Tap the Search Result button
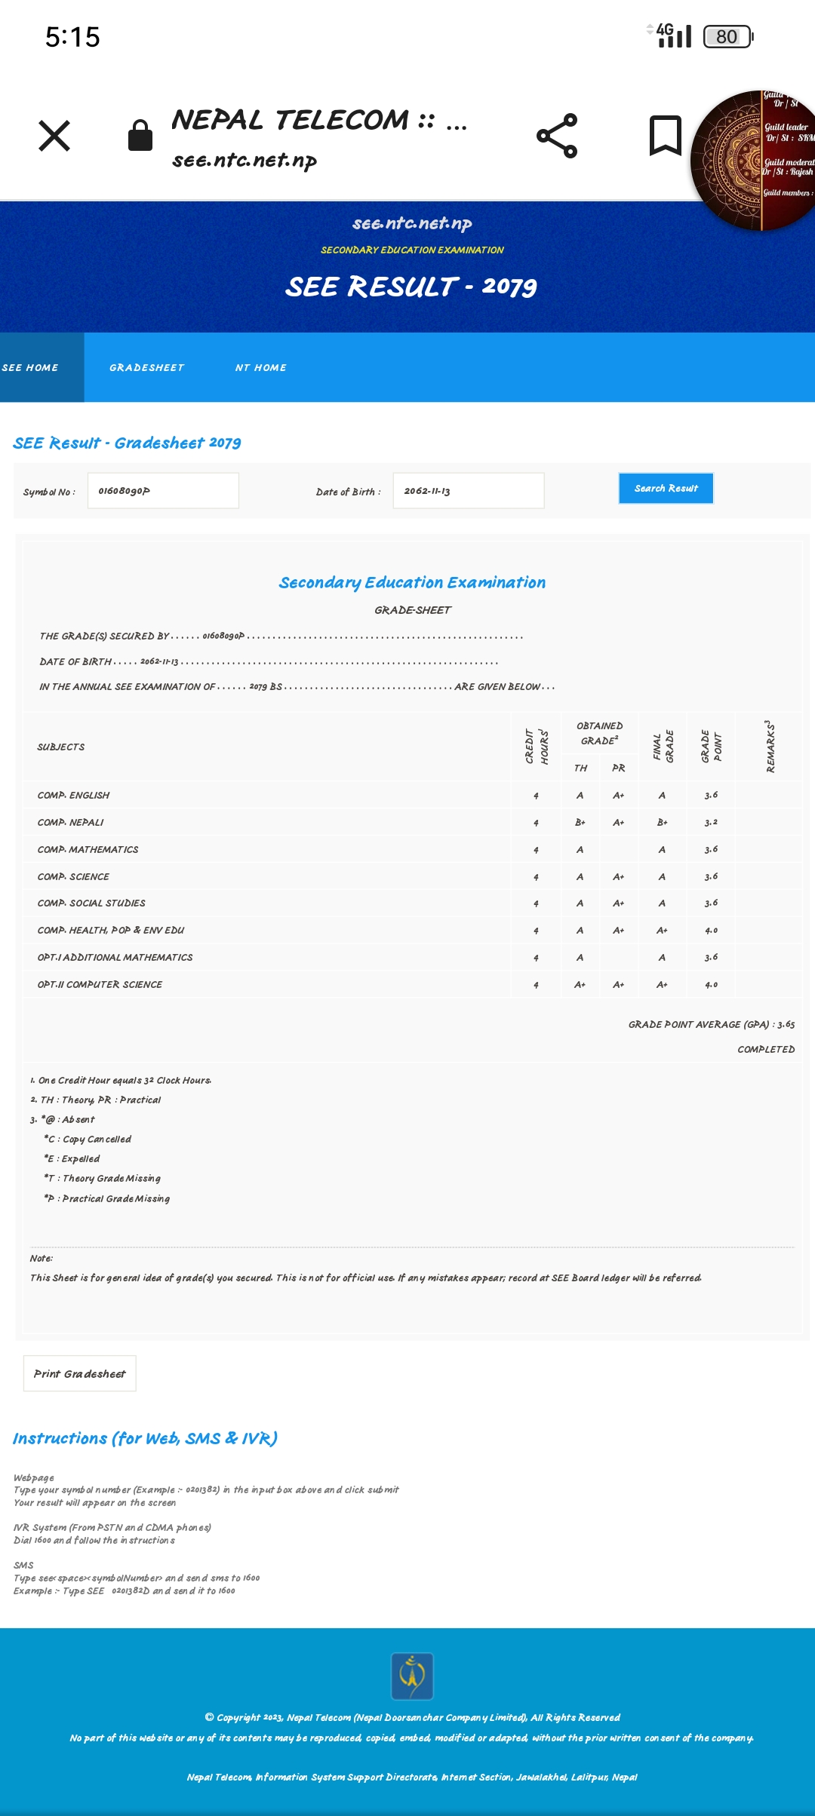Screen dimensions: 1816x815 pos(666,489)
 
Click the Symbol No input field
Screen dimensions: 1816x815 pos(163,491)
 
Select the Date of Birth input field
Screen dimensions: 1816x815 pos(468,491)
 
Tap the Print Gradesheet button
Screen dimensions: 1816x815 pos(80,1373)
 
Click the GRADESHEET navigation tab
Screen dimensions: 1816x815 pos(146,368)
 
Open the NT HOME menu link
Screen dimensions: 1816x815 pos(260,368)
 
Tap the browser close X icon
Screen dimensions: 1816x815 pos(54,136)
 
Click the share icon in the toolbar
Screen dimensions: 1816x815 pos(557,136)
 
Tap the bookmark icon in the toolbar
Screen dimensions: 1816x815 pos(665,136)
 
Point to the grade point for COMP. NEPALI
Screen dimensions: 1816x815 pos(711,823)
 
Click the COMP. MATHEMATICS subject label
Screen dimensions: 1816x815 pos(88,850)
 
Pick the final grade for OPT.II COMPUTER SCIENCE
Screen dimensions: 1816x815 pos(662,985)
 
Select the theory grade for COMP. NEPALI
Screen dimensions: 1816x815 pos(580,823)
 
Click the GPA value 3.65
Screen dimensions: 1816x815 pos(786,1025)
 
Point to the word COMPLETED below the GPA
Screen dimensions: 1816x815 pos(766,1050)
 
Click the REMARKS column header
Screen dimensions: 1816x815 pos(770,747)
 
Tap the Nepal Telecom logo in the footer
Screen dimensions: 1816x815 pos(412,1676)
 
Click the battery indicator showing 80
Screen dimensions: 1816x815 pos(727,36)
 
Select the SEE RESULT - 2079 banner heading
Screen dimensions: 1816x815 pos(411,287)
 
